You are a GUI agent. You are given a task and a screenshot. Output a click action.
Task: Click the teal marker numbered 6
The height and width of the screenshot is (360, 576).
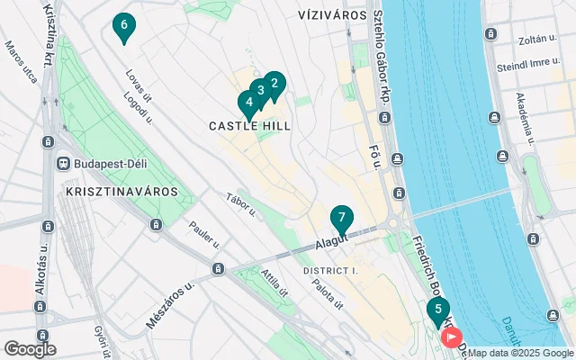click(123, 27)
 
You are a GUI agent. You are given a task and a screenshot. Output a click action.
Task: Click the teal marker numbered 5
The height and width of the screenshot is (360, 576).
click(438, 312)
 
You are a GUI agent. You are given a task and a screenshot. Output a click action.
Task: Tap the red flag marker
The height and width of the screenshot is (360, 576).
click(451, 337)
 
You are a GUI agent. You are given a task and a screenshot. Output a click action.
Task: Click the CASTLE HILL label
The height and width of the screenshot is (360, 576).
click(250, 127)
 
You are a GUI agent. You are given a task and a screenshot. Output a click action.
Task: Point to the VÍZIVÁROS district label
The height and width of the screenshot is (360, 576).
click(332, 15)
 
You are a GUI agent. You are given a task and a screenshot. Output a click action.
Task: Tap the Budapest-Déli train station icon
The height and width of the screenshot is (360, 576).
click(63, 163)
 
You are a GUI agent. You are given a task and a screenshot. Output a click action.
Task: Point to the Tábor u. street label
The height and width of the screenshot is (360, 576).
click(242, 206)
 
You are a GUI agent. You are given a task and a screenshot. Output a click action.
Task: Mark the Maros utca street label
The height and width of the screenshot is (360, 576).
click(22, 61)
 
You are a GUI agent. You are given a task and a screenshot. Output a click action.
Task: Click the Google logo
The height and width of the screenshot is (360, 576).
click(30, 348)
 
